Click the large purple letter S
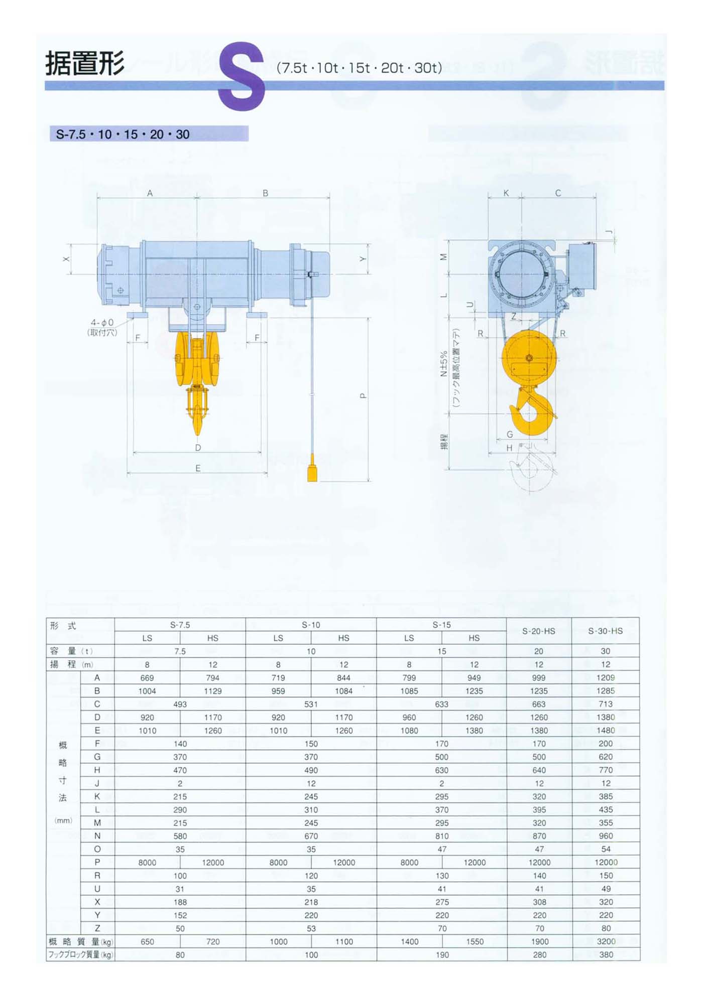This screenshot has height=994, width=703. pos(242,76)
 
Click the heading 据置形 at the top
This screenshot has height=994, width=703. pos(85,64)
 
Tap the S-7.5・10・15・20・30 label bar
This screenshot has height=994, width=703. pos(149,134)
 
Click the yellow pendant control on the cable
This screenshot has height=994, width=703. pos(312,468)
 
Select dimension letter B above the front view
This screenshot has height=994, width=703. pos(265,193)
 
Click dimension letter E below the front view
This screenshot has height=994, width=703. pos(198,468)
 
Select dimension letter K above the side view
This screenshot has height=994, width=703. pos(506,193)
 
